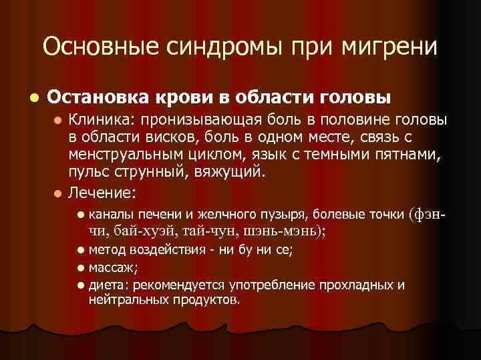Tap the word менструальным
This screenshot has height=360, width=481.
tap(122, 156)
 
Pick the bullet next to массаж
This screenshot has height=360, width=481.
tap(80, 269)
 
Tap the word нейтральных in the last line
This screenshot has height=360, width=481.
tap(125, 299)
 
